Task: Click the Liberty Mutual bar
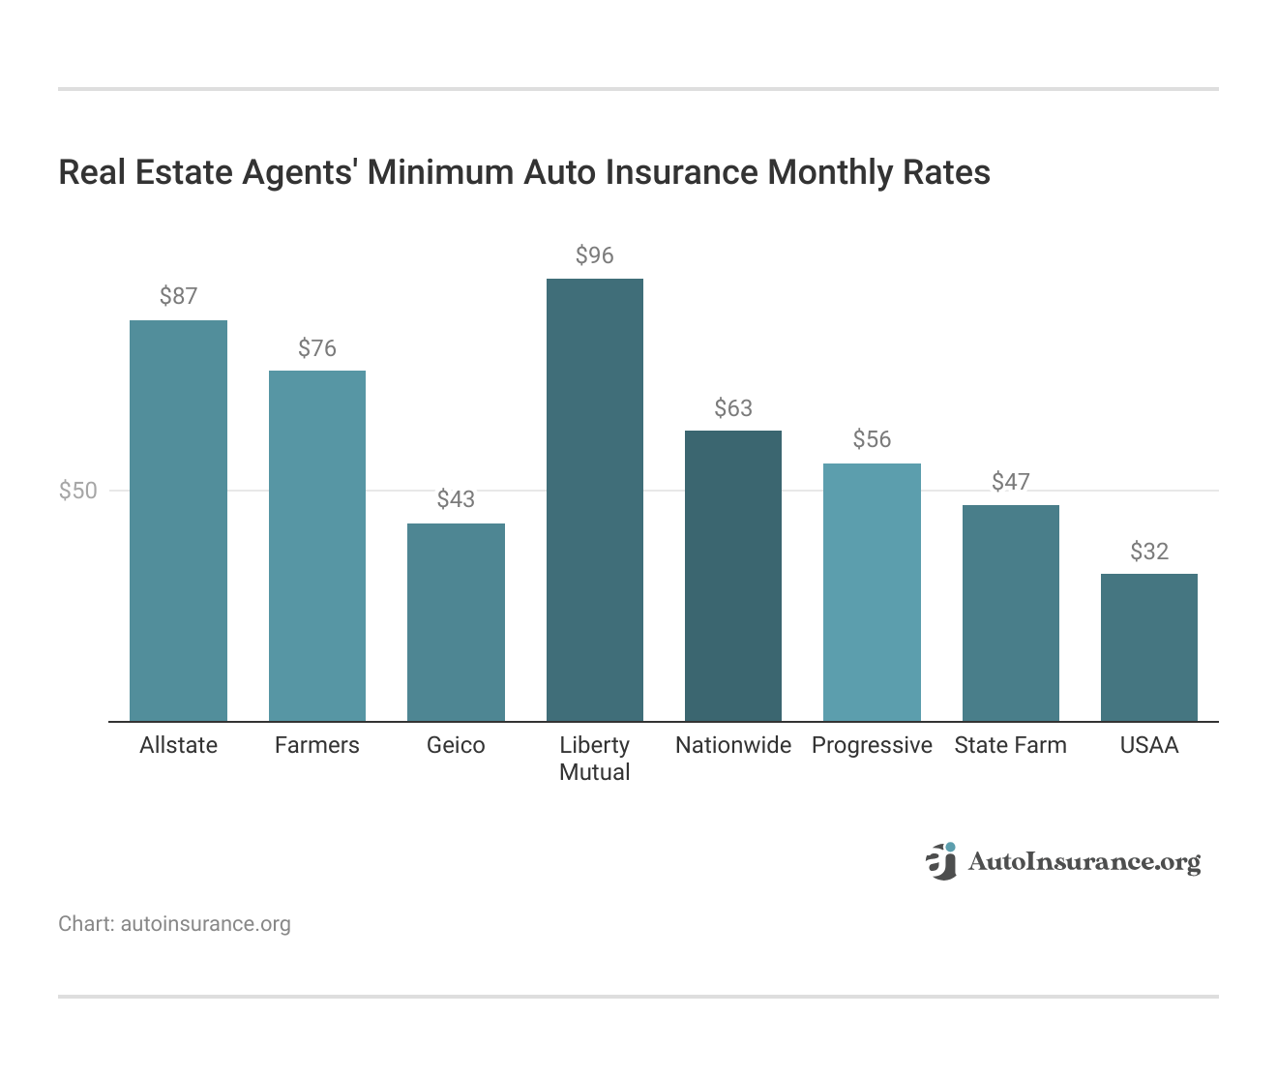pyautogui.click(x=594, y=499)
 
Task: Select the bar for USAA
pyautogui.click(x=1148, y=647)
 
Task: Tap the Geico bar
pyautogui.click(x=456, y=622)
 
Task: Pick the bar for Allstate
pyautogui.click(x=178, y=521)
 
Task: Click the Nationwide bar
pyautogui.click(x=732, y=576)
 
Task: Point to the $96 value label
pyautogui.click(x=594, y=255)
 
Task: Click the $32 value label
pyautogui.click(x=1148, y=552)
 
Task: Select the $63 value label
pyautogui.click(x=732, y=408)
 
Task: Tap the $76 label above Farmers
pyautogui.click(x=316, y=348)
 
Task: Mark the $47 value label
pyautogui.click(x=1010, y=482)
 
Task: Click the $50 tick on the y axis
pyautogui.click(x=78, y=491)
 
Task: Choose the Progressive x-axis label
pyautogui.click(x=872, y=745)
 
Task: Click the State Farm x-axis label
pyautogui.click(x=1010, y=745)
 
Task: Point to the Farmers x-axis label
pyautogui.click(x=316, y=745)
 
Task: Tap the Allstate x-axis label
pyautogui.click(x=178, y=745)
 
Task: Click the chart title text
pyautogui.click(x=523, y=172)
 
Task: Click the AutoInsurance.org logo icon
pyautogui.click(x=940, y=861)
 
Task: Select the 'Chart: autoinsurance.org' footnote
pyautogui.click(x=174, y=924)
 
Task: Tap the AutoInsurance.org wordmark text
pyautogui.click(x=1084, y=862)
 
